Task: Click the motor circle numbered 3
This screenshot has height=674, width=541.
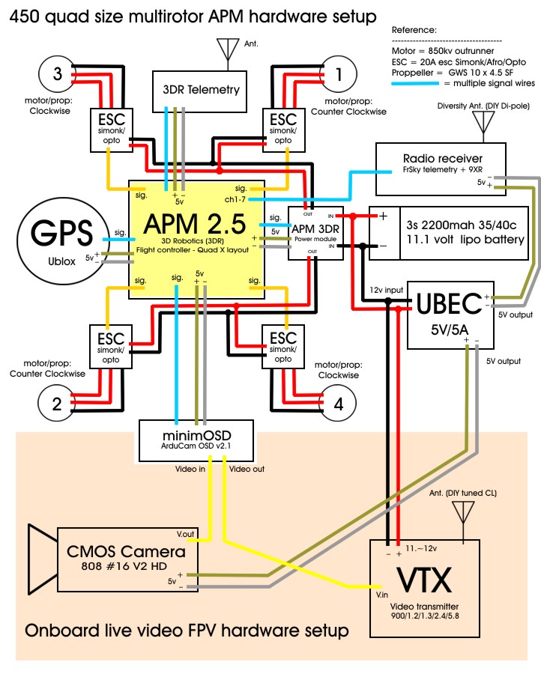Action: pyautogui.click(x=57, y=74)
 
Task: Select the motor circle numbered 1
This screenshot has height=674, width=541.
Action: pyautogui.click(x=339, y=74)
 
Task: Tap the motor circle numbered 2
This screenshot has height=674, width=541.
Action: pyautogui.click(x=57, y=404)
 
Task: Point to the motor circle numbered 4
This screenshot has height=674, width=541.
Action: pyautogui.click(x=339, y=404)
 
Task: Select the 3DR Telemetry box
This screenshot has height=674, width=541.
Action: pyautogui.click(x=202, y=89)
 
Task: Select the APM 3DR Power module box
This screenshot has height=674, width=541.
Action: pyautogui.click(x=315, y=233)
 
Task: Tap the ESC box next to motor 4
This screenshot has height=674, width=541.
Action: pyautogui.click(x=284, y=344)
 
